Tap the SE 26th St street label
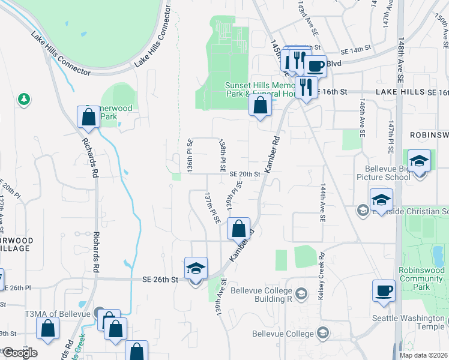[161, 280]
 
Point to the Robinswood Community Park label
[423, 278]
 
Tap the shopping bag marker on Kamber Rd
[239, 228]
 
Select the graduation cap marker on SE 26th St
[196, 268]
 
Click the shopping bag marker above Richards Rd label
[88, 117]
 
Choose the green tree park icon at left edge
[23, 98]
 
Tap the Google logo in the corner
[19, 353]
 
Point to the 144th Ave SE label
[322, 203]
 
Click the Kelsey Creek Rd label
[322, 268]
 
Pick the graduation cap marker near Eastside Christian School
[381, 200]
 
